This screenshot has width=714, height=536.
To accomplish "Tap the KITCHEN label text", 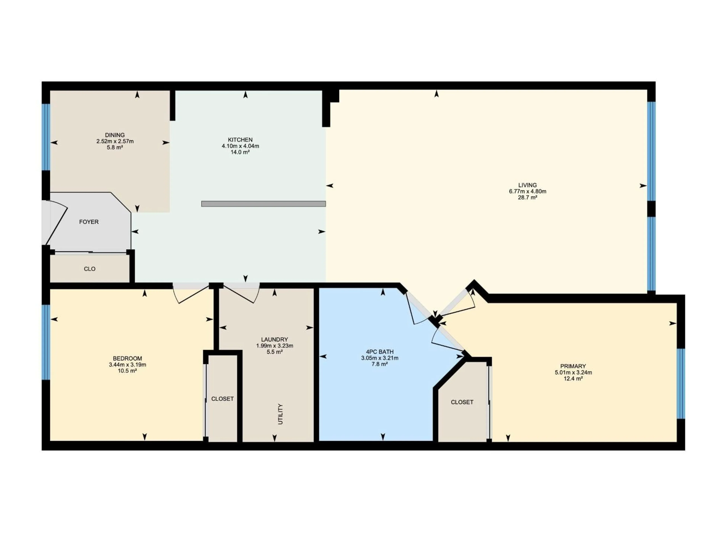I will click(x=240, y=140).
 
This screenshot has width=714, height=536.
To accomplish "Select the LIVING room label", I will click(x=528, y=185).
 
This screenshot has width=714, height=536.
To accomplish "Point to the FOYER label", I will click(x=89, y=222).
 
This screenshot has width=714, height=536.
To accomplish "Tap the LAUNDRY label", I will click(x=274, y=340).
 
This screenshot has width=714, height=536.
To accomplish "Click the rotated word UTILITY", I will click(x=280, y=414).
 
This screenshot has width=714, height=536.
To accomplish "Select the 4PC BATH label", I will click(x=380, y=352).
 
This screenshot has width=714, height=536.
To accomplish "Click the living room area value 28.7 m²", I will click(x=528, y=198).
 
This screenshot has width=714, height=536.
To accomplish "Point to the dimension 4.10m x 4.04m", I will click(x=240, y=146).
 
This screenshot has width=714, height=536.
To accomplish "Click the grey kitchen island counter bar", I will click(x=263, y=204).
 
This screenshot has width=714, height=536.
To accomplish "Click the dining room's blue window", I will click(x=46, y=137).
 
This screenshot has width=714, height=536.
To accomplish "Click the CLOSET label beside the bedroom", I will click(x=222, y=399).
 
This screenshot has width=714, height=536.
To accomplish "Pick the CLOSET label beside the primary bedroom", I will click(x=462, y=402).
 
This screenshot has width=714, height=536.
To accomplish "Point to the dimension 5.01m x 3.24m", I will click(x=573, y=373).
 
